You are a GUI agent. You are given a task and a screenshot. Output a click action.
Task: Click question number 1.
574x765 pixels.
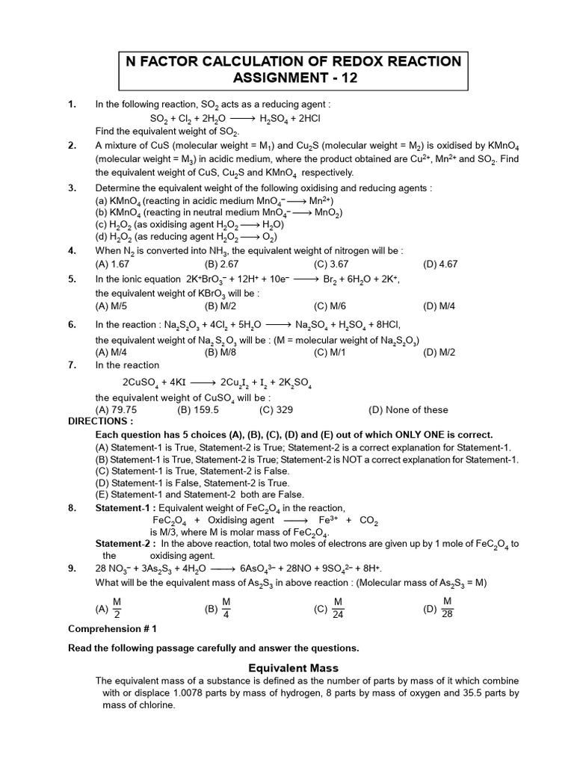point(72,105)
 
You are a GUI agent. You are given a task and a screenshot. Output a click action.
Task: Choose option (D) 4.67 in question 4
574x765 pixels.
point(440,264)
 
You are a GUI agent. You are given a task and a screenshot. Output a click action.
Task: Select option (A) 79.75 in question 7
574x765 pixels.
point(116,409)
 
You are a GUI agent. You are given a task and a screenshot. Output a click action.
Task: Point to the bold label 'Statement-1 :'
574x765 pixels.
point(123,508)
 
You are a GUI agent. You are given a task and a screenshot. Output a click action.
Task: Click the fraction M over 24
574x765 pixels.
point(338,608)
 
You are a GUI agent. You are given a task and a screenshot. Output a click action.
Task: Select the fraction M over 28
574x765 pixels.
point(448,608)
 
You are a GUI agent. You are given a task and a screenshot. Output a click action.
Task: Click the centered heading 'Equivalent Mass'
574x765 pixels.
point(293,668)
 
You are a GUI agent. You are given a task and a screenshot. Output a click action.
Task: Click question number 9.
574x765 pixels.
point(72,569)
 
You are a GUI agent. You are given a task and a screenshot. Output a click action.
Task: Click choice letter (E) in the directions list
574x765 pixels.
point(102,495)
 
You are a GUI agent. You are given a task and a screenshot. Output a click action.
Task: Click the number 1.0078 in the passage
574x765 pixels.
point(209,693)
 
